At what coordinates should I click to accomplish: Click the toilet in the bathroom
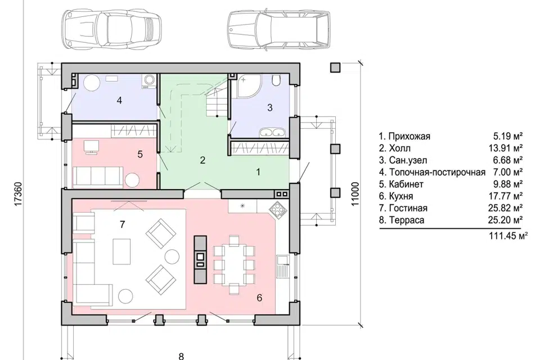point(276,80)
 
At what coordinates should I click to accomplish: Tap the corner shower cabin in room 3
point(248,85)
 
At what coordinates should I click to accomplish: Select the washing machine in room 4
point(150,82)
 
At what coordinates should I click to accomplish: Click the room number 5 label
point(140,154)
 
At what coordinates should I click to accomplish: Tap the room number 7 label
point(122,224)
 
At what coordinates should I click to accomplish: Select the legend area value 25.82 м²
point(505,208)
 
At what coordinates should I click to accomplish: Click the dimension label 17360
point(19,195)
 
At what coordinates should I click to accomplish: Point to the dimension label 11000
point(355,194)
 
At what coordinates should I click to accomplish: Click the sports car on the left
point(111,30)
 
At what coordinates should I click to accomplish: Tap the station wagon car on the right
point(278,30)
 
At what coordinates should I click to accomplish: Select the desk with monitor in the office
point(91,146)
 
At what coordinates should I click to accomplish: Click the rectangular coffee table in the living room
point(121,251)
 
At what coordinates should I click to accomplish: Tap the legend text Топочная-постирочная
point(437,172)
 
